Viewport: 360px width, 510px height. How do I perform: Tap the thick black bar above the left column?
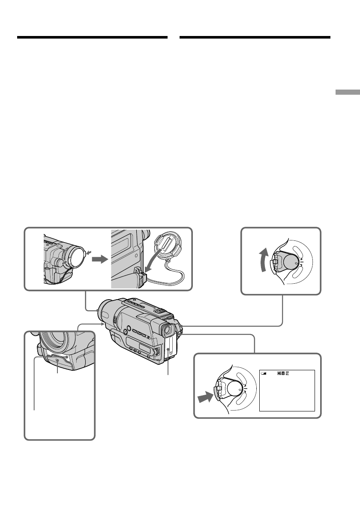coord(92,38)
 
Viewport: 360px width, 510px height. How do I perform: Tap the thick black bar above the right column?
coord(255,38)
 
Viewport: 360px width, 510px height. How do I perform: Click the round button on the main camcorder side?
coord(125,331)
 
